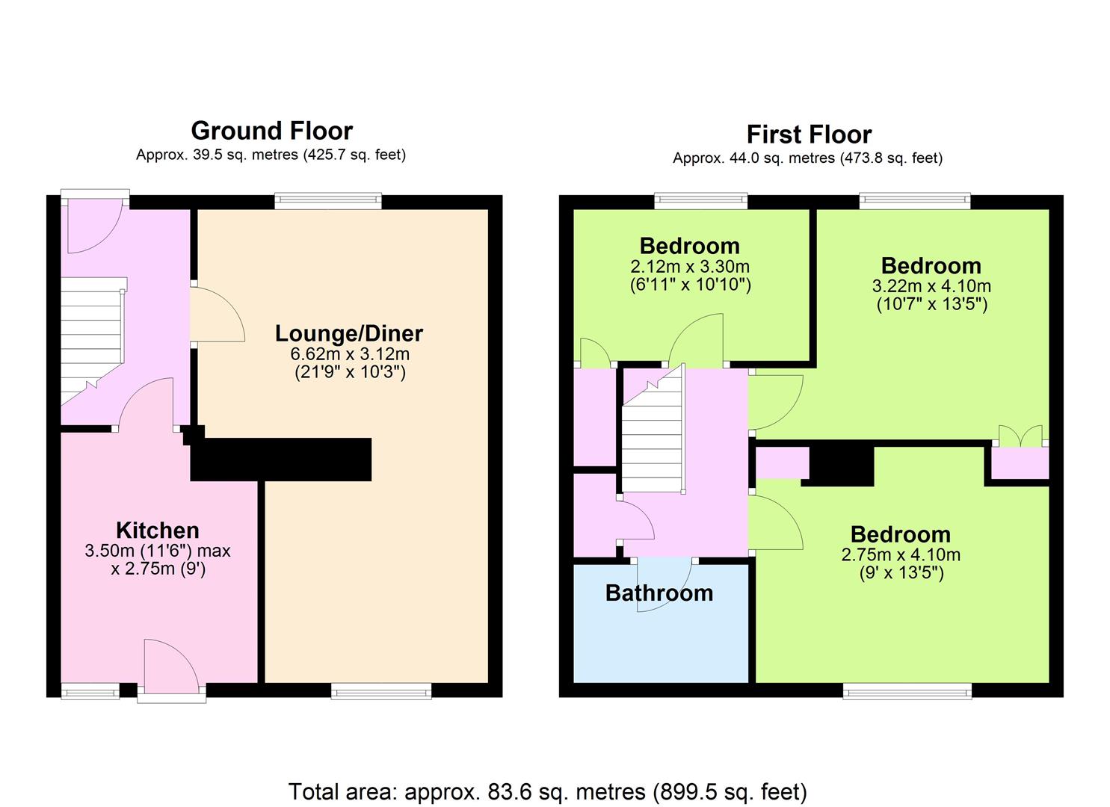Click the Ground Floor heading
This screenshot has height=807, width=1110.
click(x=271, y=132)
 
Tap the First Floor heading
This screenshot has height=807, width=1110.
click(x=809, y=134)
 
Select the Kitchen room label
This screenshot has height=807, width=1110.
click(x=158, y=530)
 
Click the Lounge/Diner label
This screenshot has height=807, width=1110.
click(x=349, y=333)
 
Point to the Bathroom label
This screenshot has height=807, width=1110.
click(x=659, y=593)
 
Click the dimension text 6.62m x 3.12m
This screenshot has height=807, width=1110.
click(x=350, y=354)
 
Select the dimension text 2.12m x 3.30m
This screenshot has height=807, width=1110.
click(x=690, y=267)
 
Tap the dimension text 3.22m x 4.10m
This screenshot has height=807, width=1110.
click(x=931, y=286)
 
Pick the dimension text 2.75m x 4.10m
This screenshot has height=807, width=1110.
click(x=901, y=554)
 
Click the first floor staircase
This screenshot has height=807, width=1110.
click(x=653, y=429)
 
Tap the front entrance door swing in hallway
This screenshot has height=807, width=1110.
click(x=94, y=226)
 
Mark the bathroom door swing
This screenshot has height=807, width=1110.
click(x=664, y=586)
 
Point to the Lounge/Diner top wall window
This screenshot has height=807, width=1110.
click(x=328, y=200)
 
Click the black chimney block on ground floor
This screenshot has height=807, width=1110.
click(x=281, y=459)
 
